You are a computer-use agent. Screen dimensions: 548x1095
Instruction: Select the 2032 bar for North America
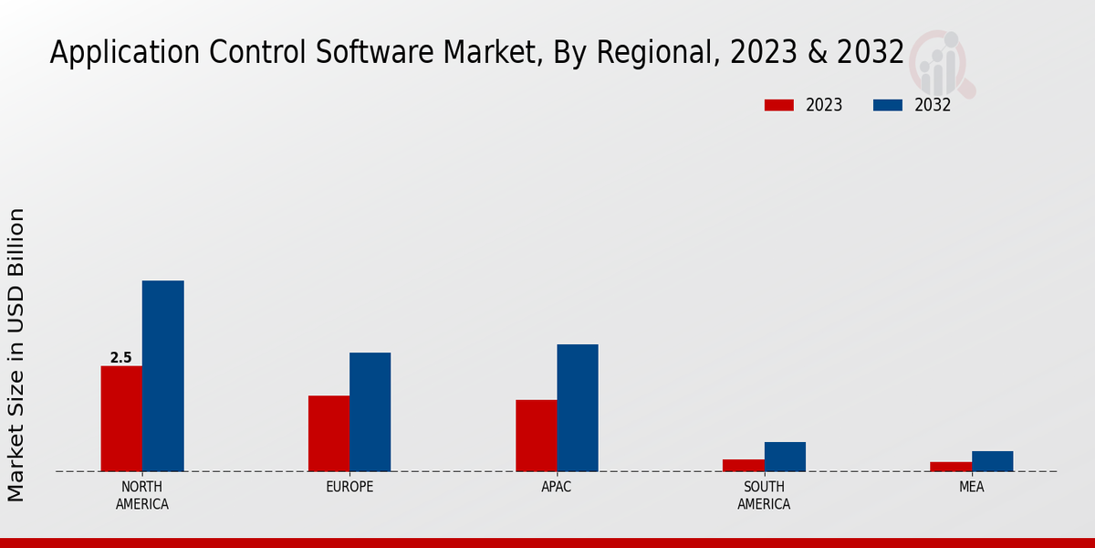[x=162, y=375]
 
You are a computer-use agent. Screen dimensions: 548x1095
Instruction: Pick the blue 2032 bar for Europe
[x=370, y=412]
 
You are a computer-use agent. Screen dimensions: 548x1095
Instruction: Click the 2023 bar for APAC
[x=536, y=436]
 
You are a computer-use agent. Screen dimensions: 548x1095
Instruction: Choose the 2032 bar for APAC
[x=578, y=407]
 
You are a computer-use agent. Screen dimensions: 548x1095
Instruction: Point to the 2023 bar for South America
[x=743, y=465]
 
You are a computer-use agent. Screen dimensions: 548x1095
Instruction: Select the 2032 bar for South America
[x=785, y=457]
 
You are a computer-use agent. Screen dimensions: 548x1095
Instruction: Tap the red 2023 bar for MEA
[x=951, y=467]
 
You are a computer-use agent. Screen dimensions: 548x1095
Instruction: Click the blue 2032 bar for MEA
[x=992, y=461]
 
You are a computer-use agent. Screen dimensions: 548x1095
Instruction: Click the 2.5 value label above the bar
[x=120, y=358]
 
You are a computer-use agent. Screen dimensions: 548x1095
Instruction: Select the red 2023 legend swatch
[x=778, y=105]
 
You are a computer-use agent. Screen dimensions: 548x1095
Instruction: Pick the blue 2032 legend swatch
[x=887, y=105]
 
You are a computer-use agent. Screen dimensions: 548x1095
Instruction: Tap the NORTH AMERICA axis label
[x=142, y=495]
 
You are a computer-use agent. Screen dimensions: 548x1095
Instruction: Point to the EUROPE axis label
[x=349, y=487]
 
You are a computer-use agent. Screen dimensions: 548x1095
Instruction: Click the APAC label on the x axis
[x=557, y=487]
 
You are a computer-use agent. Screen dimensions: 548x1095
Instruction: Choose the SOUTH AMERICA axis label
[x=764, y=495]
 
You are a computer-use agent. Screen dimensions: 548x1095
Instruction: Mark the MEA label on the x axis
[x=971, y=487]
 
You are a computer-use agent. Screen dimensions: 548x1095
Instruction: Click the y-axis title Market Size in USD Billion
[x=16, y=354]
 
